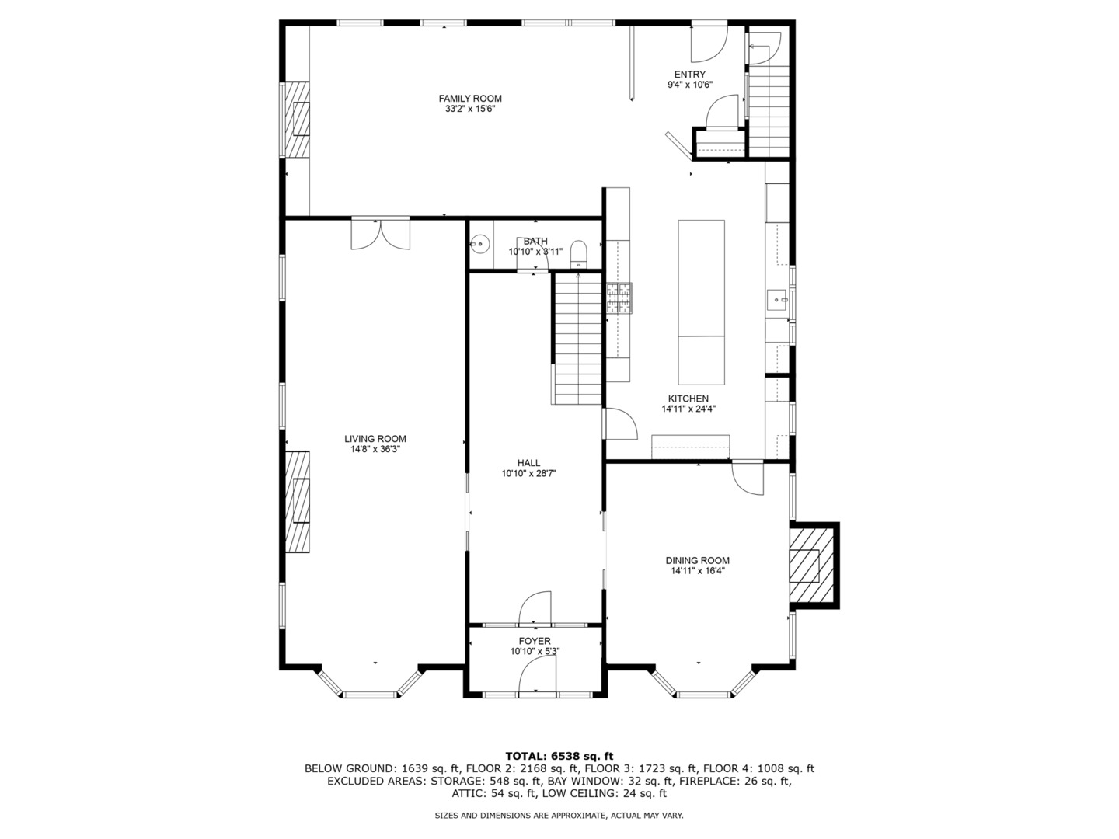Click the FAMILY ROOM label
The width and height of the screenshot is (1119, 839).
(x=469, y=99)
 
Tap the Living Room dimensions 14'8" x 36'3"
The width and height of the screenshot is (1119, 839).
(x=375, y=449)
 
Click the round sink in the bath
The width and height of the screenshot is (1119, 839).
(x=479, y=245)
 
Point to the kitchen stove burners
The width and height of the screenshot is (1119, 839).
(x=619, y=298)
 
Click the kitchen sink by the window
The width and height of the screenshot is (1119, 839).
(x=777, y=300)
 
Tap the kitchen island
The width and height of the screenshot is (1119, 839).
(x=701, y=302)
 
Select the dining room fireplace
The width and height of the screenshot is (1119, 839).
(x=811, y=566)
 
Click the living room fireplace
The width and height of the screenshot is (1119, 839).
(x=297, y=501)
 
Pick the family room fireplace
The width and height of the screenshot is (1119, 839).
(x=297, y=120)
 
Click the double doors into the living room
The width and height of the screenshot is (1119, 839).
(x=380, y=234)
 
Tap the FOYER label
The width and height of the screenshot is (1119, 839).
(x=535, y=641)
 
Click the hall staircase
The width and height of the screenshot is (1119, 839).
(x=578, y=339)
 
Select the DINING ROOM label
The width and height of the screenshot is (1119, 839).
(x=697, y=560)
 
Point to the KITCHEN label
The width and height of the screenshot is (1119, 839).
(x=688, y=399)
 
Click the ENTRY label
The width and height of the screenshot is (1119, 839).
(x=690, y=75)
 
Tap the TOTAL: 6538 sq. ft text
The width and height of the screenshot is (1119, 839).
(x=559, y=756)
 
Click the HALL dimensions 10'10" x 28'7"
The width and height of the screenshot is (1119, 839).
(x=528, y=473)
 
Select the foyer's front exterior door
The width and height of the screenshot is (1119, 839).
(x=537, y=675)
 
